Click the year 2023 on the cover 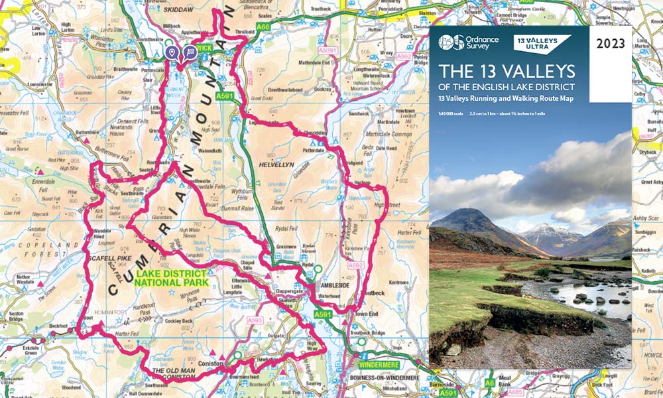611,45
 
